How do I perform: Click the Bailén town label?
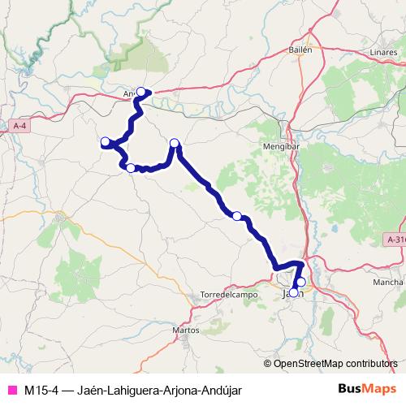[x=300, y=50]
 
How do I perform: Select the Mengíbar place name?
[x=277, y=146]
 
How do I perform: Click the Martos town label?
[x=187, y=330]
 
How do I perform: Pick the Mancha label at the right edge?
[x=387, y=282]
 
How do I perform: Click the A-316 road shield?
[x=395, y=240]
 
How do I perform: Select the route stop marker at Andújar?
[x=141, y=91]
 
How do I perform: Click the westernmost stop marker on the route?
[x=105, y=142]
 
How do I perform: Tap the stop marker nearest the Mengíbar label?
[x=174, y=144]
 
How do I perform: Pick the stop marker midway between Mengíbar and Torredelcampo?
[x=236, y=216]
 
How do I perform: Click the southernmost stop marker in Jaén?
[x=294, y=292]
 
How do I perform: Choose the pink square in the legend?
[x=11, y=390]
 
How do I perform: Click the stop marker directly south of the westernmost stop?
[x=131, y=167]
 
